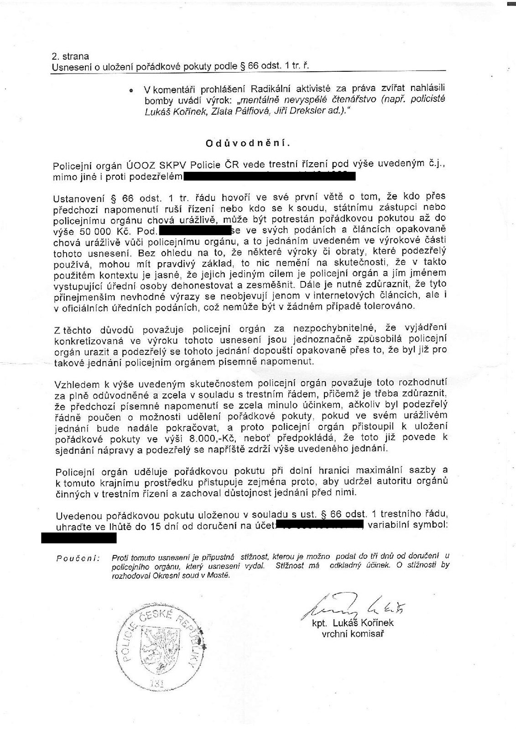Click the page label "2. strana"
pyautogui.click(x=70, y=57)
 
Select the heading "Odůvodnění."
pyautogui.click(x=247, y=143)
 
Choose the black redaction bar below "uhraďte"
pyautogui.click(x=78, y=538)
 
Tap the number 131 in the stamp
pyautogui.click(x=157, y=683)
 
